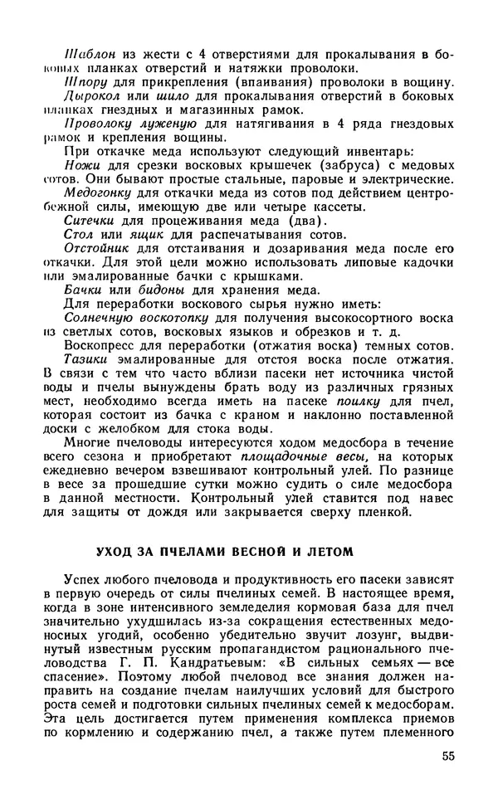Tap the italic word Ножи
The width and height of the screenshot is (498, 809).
point(81,164)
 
